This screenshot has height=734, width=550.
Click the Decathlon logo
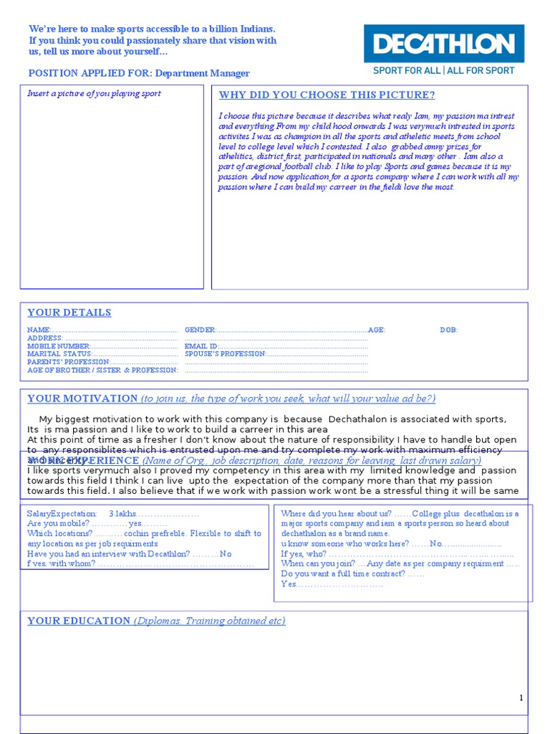click(443, 44)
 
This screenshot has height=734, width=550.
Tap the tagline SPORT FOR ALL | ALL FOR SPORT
click(443, 71)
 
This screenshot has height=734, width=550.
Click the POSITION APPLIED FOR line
click(139, 73)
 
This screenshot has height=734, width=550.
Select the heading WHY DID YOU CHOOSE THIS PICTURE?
click(327, 95)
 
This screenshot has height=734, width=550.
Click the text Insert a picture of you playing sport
click(94, 94)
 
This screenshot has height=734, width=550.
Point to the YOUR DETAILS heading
click(69, 313)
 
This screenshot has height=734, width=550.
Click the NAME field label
click(39, 330)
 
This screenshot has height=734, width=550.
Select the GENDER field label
click(201, 330)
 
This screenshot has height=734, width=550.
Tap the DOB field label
click(449, 330)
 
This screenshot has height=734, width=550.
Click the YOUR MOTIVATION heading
click(82, 399)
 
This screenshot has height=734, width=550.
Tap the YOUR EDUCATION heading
click(79, 621)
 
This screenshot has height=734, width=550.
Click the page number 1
click(521, 698)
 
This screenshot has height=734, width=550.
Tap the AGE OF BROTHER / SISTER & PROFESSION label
click(102, 371)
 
